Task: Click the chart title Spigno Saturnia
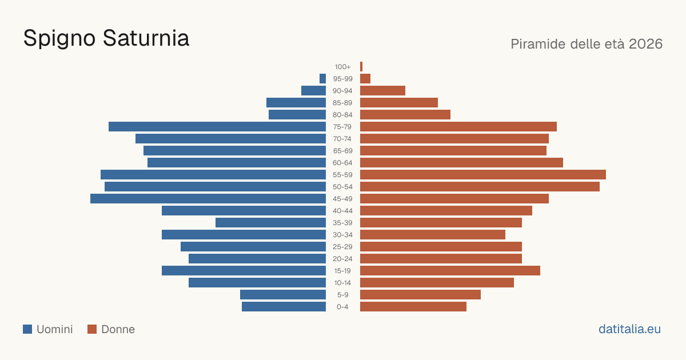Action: (106, 39)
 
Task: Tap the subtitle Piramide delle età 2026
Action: (587, 44)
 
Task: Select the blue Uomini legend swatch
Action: (27, 329)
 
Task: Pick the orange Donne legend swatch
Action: (92, 329)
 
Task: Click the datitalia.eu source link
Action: (629, 329)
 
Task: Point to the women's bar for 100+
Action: (361, 66)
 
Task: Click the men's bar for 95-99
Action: (323, 79)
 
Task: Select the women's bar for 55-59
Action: (483, 174)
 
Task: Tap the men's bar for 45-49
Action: (208, 199)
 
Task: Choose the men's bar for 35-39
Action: (271, 222)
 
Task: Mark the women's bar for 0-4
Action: (413, 307)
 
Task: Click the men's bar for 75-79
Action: (217, 126)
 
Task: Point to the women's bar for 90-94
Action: (382, 91)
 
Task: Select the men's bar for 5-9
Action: (283, 294)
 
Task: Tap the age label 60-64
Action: (342, 163)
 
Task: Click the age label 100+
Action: (342, 67)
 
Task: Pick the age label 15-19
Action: (342, 271)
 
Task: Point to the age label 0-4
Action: (342, 307)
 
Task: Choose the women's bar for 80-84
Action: (405, 114)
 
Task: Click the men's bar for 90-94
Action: (314, 91)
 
